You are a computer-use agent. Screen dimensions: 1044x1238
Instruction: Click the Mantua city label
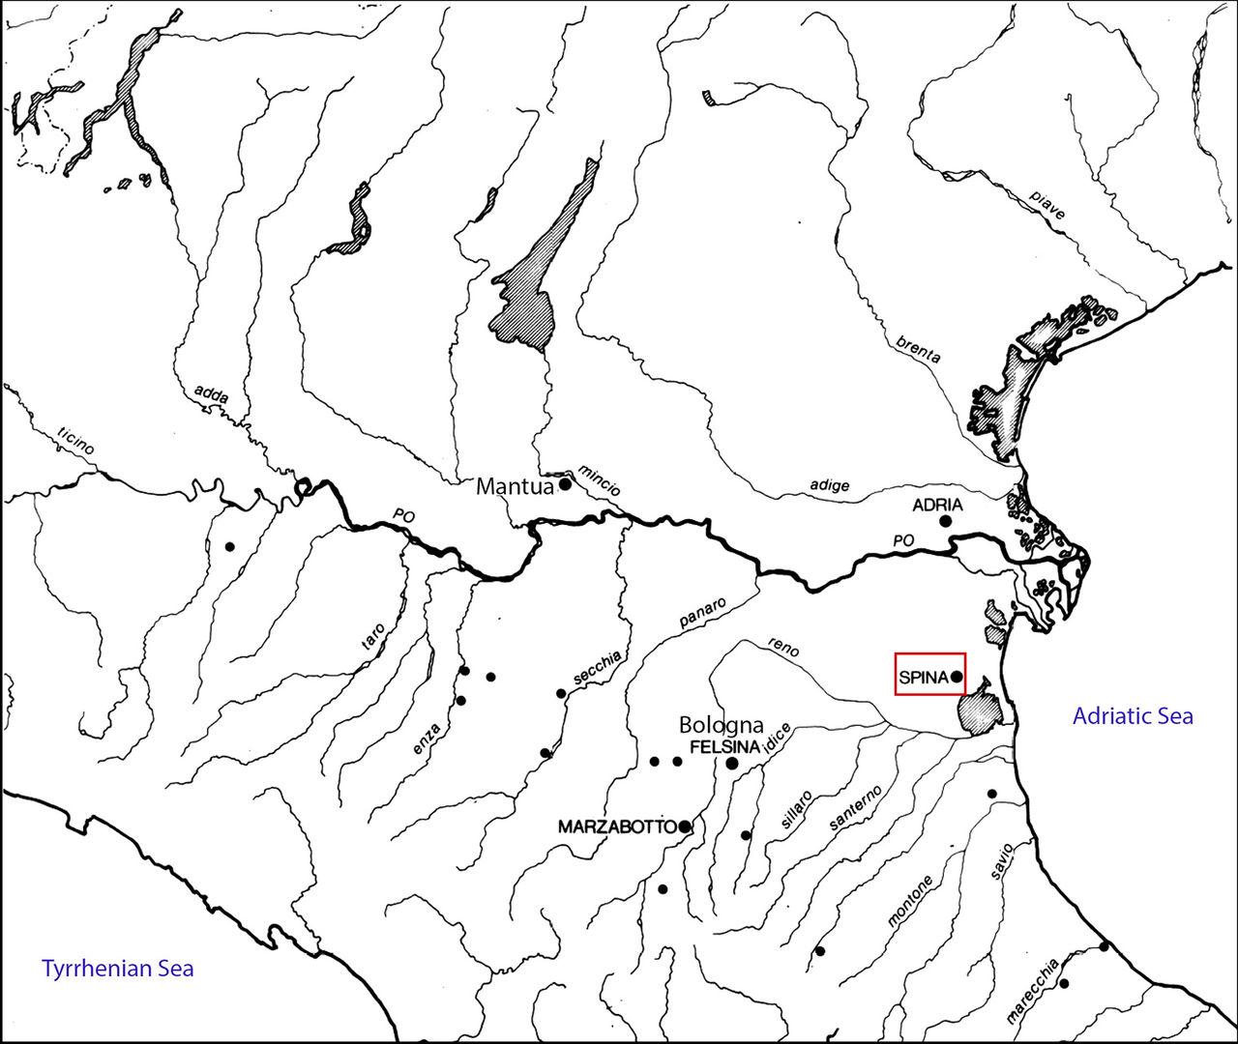[516, 486]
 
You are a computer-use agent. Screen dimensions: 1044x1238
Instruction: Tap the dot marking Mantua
[566, 483]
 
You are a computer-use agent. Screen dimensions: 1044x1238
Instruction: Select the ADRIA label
[937, 505]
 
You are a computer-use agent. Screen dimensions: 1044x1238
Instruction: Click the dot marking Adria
[946, 521]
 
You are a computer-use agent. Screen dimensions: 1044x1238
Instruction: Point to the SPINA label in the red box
[923, 678]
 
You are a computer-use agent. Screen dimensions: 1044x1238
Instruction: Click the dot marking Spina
[956, 677]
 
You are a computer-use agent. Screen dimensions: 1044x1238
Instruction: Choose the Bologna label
[722, 725]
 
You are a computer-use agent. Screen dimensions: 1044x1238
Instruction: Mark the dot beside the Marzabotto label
[685, 826]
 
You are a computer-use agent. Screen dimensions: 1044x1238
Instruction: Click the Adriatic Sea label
[1133, 716]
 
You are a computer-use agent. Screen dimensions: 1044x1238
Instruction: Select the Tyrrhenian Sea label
[117, 968]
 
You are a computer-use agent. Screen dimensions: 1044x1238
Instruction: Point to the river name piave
[1046, 205]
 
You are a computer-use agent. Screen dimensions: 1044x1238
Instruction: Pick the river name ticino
[76, 442]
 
